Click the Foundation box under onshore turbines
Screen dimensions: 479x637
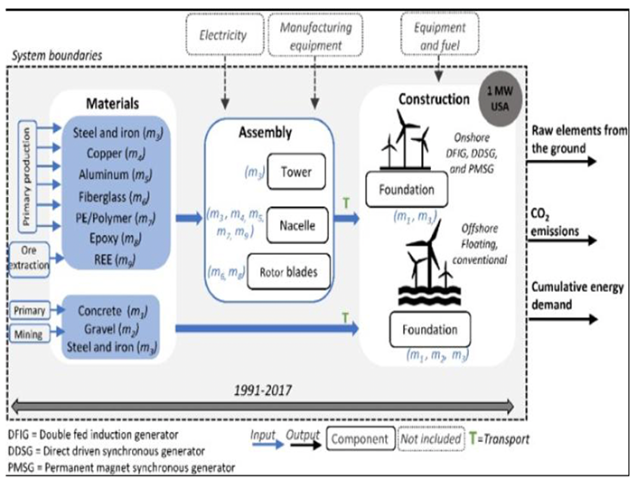pos(415,191)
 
